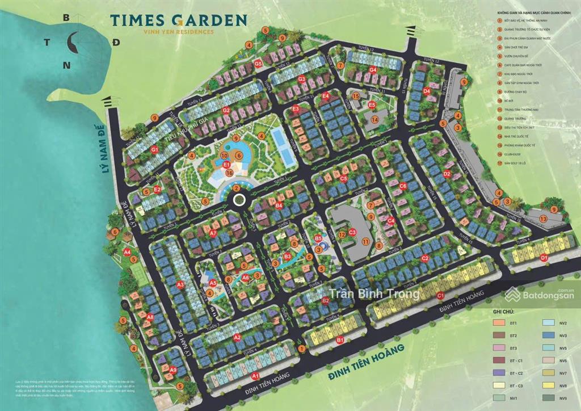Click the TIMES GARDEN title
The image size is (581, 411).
click(179, 20)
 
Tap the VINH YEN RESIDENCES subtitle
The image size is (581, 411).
click(179, 32)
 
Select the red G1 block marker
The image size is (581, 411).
click(154, 150)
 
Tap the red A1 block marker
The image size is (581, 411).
click(255, 376)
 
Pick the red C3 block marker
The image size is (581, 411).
click(352, 232)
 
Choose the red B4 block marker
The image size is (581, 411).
click(279, 205)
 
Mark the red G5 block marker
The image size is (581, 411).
click(258, 64)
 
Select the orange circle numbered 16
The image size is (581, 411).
click(229, 173)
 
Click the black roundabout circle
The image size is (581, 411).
click(239, 199)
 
